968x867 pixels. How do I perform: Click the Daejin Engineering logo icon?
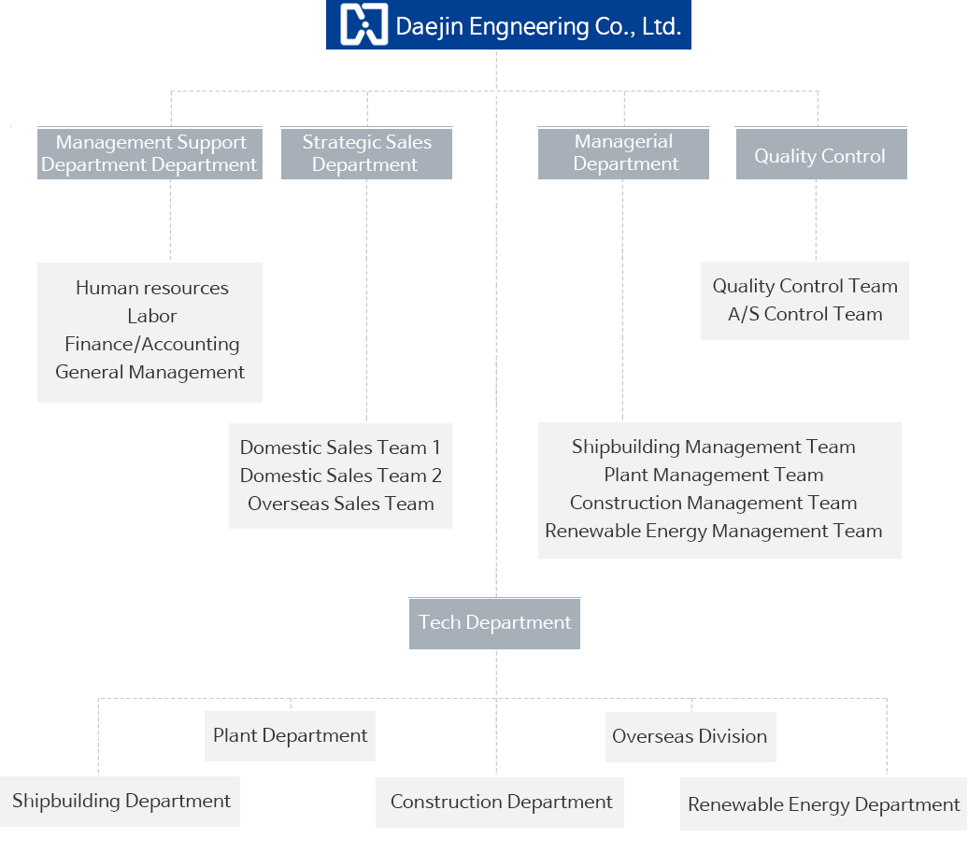pos(363,25)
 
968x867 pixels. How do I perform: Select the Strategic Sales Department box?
pos(366,153)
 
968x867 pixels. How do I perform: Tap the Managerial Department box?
pos(623,153)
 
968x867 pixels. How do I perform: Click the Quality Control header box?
pos(820,155)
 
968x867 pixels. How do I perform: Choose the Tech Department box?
pos(494,623)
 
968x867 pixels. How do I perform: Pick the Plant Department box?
pos(290,735)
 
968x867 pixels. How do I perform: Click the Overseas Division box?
pos(690,736)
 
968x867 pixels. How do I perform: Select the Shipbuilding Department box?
pos(121,801)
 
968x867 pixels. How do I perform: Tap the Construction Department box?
pos(501,802)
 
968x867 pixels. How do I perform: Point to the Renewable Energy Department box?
pos(823,804)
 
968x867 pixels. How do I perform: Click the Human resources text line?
pos(152,288)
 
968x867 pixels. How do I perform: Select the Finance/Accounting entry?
pos(152,344)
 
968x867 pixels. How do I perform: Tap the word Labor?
pos(152,316)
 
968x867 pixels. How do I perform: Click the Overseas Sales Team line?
pos(341,504)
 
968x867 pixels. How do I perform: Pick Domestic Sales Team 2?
pos(341,476)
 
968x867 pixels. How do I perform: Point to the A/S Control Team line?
pos(805,314)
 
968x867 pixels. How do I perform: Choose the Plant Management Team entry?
pos(714,475)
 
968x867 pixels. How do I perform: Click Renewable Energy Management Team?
pos(714,531)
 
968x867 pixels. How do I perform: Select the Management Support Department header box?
pos(149,153)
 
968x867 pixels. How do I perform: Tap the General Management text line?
pos(150,372)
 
